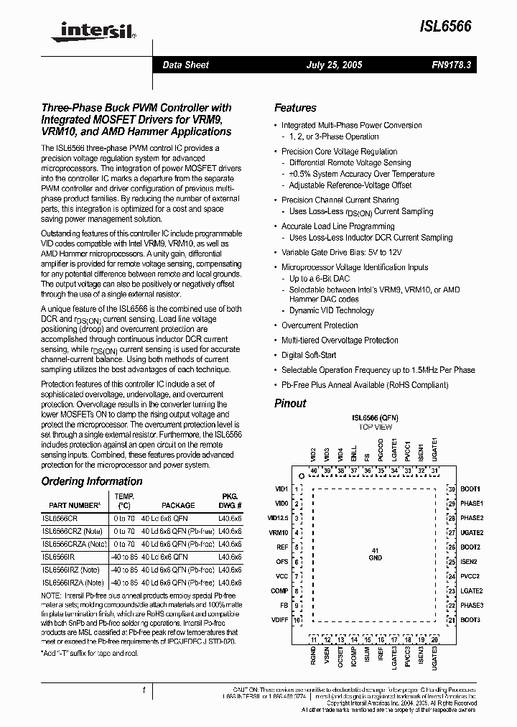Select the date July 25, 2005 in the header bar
(x=334, y=65)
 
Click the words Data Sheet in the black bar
(x=185, y=65)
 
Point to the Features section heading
(x=295, y=108)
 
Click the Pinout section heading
(x=290, y=403)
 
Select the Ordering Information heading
(x=91, y=481)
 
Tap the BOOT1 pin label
(x=470, y=489)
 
